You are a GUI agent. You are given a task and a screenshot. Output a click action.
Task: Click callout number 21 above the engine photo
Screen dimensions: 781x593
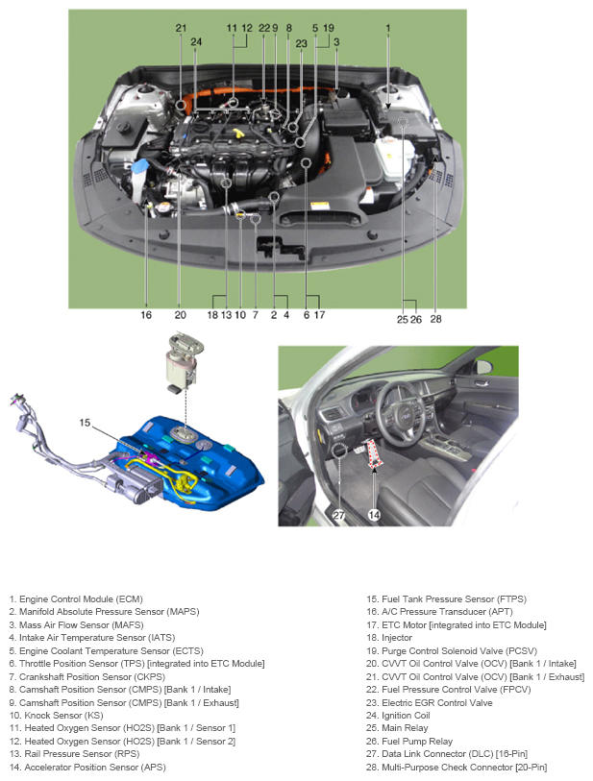point(181,29)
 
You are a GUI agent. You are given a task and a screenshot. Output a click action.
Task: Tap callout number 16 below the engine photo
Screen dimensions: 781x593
point(146,314)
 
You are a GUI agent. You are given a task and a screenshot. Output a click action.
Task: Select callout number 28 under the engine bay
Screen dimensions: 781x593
point(435,319)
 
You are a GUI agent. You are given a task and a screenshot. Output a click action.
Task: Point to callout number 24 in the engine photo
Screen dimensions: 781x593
point(196,41)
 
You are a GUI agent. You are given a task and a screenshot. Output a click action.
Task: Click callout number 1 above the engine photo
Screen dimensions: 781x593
point(388,29)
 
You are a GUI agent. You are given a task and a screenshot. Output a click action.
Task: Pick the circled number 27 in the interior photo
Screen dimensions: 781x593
point(339,514)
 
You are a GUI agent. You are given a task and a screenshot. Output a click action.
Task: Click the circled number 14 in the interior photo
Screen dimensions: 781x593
point(374,514)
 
